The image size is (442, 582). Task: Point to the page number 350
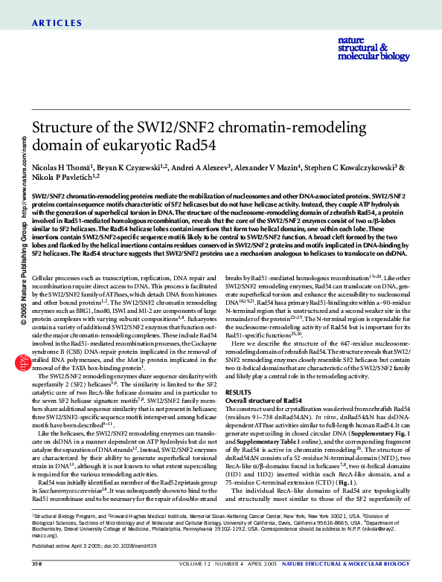36,565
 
